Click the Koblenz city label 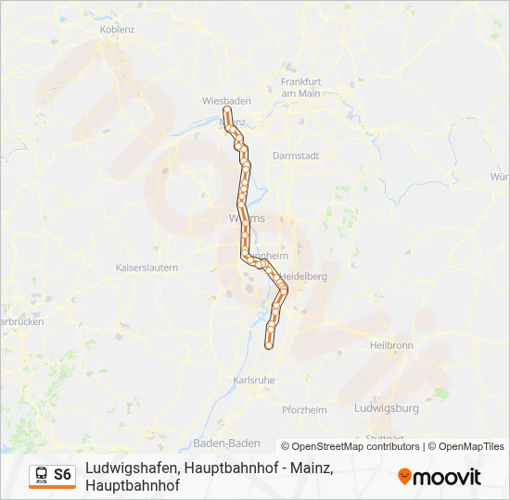(117, 29)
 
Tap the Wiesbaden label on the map (223, 100)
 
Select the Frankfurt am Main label (300, 87)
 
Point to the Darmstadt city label (295, 156)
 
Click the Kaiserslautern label (147, 267)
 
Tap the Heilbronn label (390, 344)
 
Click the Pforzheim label (305, 410)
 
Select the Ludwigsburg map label (387, 407)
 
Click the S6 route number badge (62, 475)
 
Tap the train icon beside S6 (42, 475)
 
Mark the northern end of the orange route (226, 110)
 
